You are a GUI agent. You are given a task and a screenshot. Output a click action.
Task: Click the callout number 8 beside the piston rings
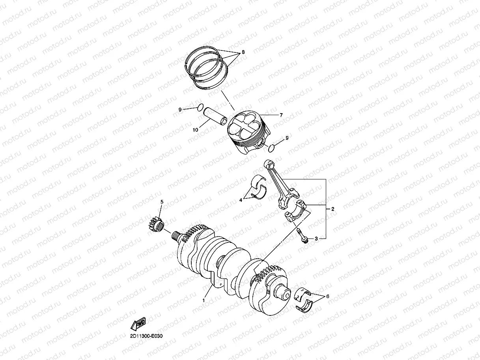point(243,52)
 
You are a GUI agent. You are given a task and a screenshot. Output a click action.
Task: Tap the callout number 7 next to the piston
point(281,115)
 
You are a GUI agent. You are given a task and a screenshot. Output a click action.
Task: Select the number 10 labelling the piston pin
point(195,130)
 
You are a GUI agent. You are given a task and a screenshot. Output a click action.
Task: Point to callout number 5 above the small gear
point(162,202)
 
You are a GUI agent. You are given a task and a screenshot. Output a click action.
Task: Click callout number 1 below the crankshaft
point(204,300)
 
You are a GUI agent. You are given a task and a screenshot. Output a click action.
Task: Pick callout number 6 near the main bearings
point(328,297)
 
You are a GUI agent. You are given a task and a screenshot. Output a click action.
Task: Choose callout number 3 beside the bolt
point(316,239)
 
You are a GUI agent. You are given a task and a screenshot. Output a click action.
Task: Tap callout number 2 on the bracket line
point(333,209)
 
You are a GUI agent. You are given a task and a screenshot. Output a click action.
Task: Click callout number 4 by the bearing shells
point(241,200)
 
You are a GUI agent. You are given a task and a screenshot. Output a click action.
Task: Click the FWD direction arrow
point(138,324)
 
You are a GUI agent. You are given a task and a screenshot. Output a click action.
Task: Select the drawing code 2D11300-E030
point(146,336)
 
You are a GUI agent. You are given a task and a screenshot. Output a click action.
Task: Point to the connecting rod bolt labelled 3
point(302,236)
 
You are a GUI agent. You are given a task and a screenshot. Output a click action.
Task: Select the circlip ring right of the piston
point(271,148)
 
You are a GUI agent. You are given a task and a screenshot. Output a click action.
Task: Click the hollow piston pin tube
point(215,116)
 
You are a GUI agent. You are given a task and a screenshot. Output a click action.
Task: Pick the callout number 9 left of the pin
point(180,110)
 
